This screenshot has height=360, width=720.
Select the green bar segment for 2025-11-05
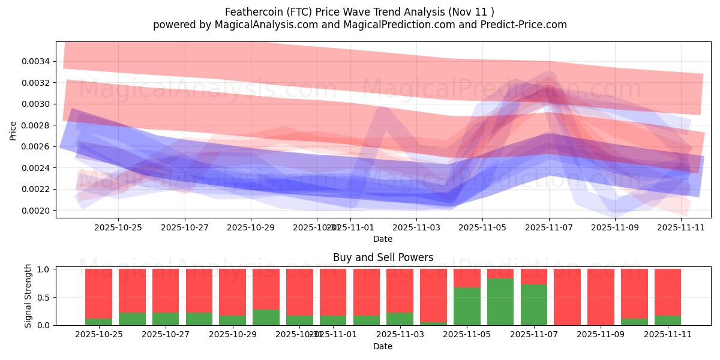467,307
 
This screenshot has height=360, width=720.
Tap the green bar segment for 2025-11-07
534,305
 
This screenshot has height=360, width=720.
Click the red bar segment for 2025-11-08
568,297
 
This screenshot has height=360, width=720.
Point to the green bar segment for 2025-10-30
266,317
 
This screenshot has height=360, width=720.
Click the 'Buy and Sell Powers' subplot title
383,258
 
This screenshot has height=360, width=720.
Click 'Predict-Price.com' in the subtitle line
526,25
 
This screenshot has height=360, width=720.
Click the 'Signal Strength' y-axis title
28,296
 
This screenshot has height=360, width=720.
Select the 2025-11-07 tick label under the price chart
548,227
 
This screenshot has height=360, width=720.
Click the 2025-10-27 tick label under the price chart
184,227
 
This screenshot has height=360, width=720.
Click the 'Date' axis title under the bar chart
383,346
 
